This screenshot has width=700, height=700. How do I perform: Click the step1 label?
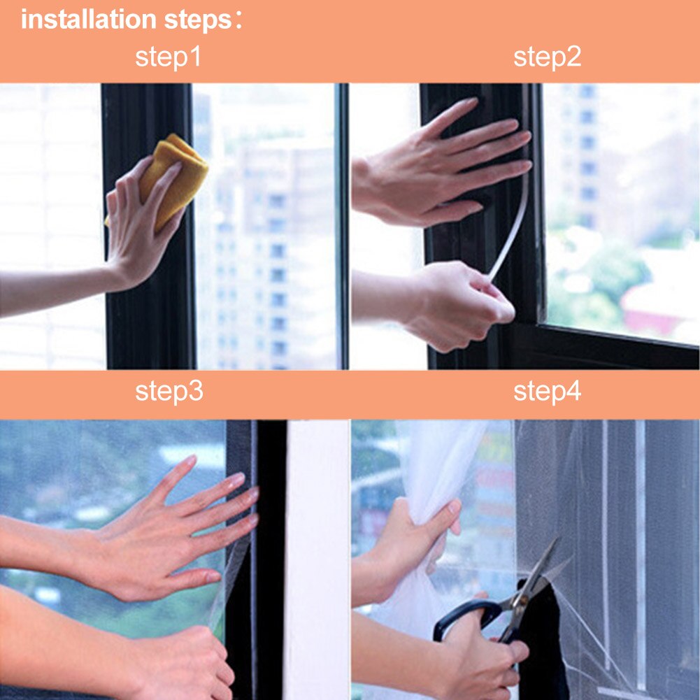click(168, 57)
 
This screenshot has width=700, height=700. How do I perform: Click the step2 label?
click(547, 57)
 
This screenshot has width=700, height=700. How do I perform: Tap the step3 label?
click(169, 392)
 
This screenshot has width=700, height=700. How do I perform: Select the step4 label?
click(547, 392)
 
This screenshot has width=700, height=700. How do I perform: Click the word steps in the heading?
click(197, 20)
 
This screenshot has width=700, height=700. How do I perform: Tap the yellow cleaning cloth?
click(173, 178)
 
